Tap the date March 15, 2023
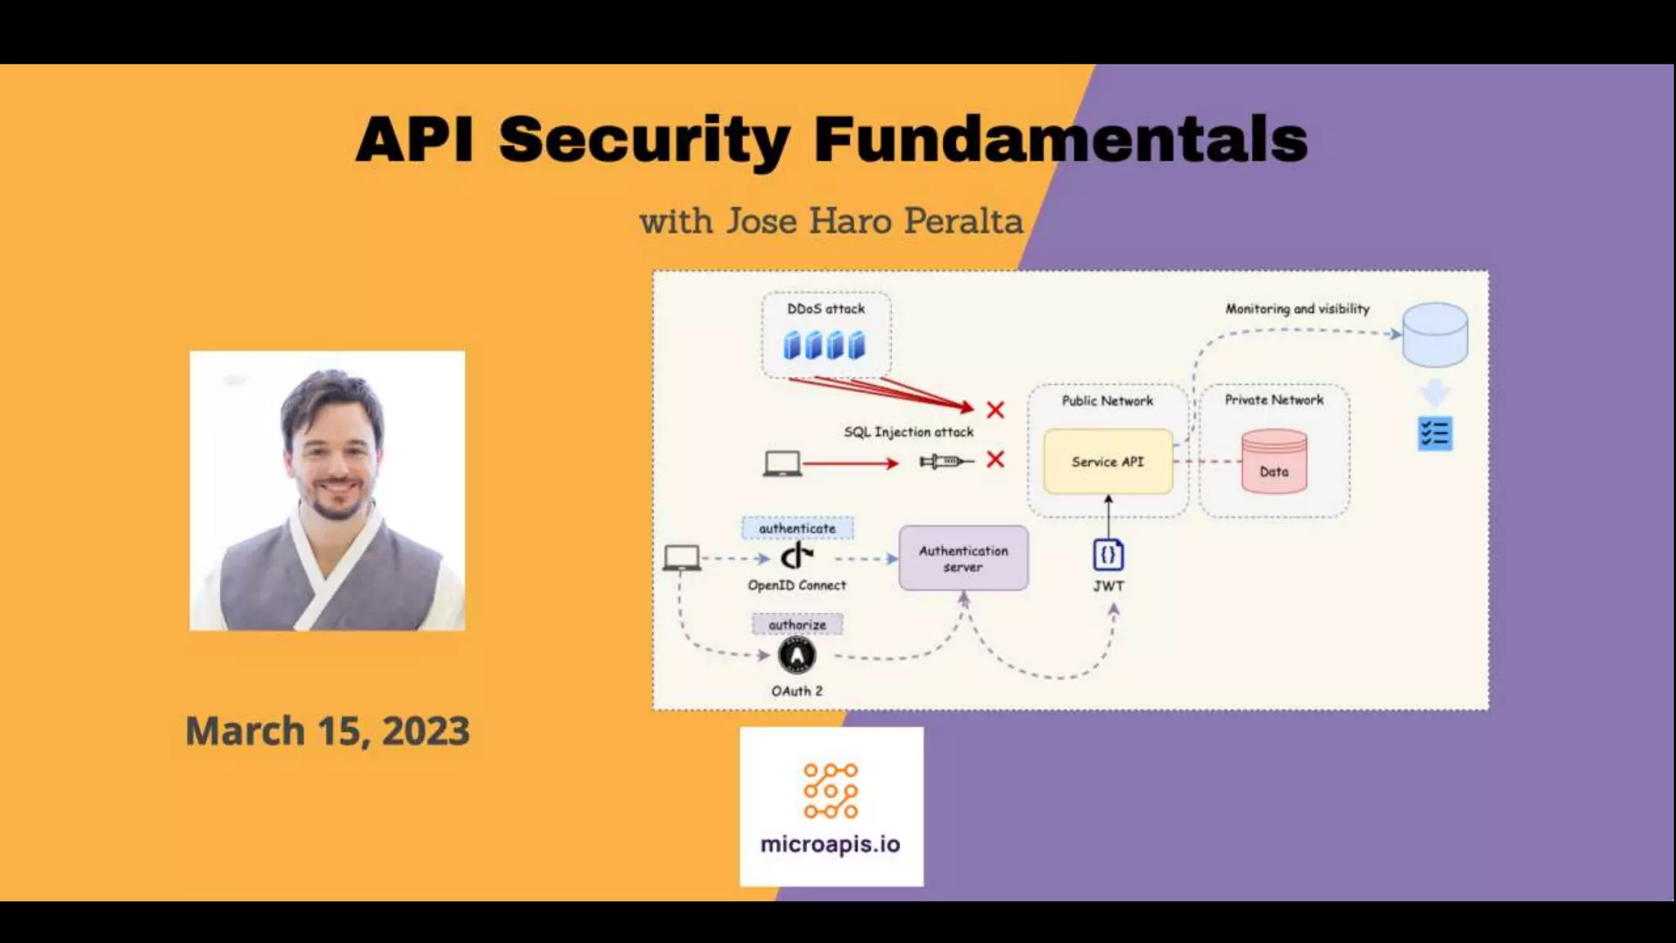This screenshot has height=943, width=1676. coord(327,731)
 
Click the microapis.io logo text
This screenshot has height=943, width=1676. coord(830,844)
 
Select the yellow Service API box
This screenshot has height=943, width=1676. coord(1107,462)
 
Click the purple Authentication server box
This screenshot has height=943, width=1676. coord(963,558)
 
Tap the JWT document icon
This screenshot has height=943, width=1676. coord(1108,555)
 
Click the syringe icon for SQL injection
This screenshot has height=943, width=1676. coord(946,462)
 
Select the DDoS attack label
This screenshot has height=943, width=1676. coord(826,309)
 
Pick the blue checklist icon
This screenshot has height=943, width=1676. coord(1435,434)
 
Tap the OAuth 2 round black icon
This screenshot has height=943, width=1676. coord(796,656)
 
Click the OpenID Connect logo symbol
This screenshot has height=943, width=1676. coord(796,557)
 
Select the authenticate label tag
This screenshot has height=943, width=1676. coord(797,529)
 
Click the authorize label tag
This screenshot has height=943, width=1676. coord(797,625)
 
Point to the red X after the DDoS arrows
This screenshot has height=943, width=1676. coord(995,409)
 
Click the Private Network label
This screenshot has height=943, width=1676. coord(1273,399)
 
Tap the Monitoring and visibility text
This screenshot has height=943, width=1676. coord(1297,309)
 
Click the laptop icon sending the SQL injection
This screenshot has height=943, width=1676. coord(782,463)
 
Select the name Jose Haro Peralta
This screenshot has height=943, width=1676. coord(875,221)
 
